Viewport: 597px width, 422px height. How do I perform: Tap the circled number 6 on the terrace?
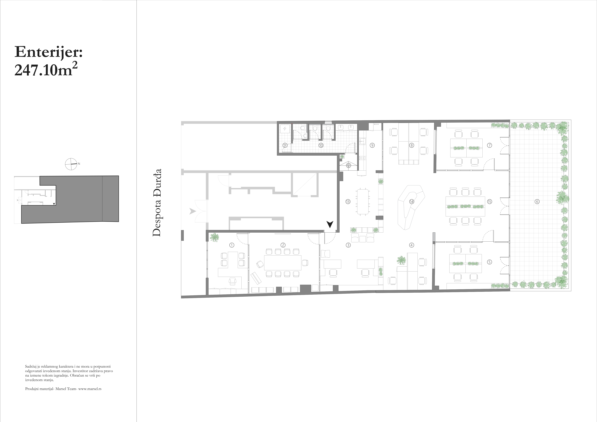pyautogui.click(x=537, y=201)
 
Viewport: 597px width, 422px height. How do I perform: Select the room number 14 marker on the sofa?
pyautogui.click(x=411, y=201)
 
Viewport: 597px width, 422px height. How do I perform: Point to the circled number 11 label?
pyautogui.click(x=285, y=145)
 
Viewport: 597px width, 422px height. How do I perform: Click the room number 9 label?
pyautogui.click(x=372, y=145)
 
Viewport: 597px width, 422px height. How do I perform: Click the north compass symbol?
pyautogui.click(x=71, y=164)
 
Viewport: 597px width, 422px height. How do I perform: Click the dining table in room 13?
pyautogui.click(x=363, y=201)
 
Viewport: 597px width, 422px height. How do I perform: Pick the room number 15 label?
pyautogui.click(x=490, y=201)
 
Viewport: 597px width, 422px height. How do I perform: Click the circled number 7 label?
pyautogui.click(x=490, y=145)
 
